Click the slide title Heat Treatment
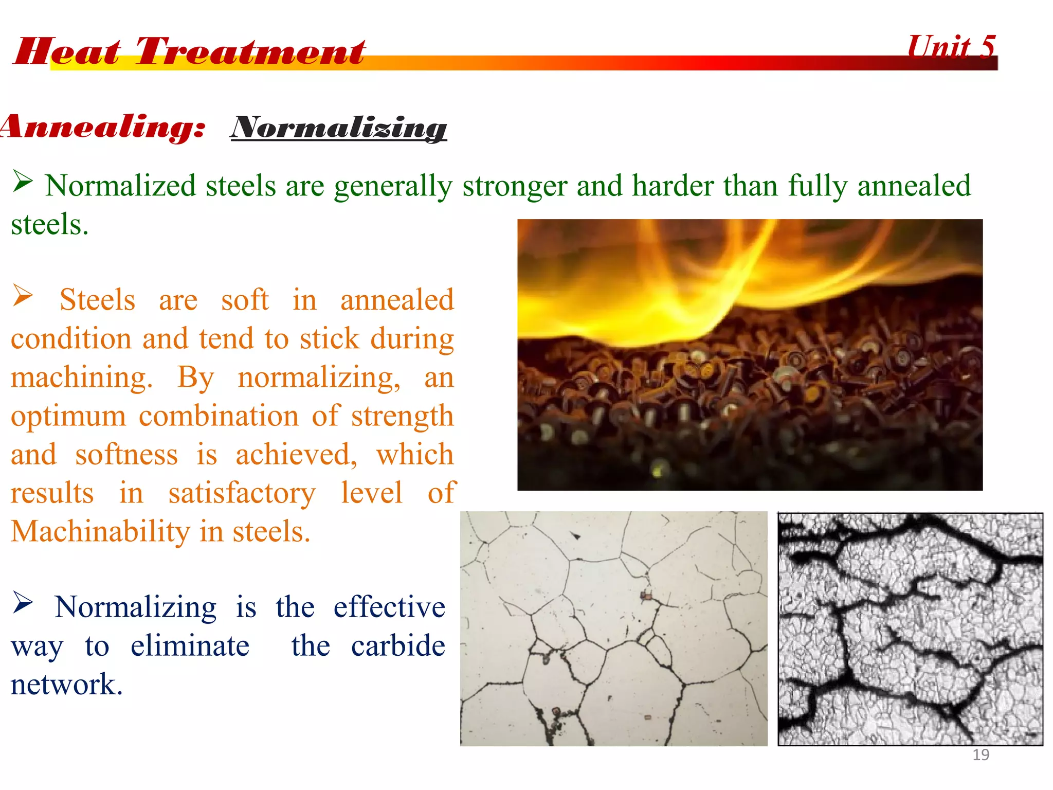(x=189, y=51)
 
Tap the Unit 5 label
(x=951, y=47)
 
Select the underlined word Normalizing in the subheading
(x=339, y=127)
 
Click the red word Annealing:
(x=103, y=127)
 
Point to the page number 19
(x=981, y=755)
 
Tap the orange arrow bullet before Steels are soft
(x=23, y=296)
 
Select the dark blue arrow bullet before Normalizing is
(x=23, y=603)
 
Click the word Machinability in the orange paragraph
(x=101, y=531)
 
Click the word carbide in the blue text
(x=398, y=645)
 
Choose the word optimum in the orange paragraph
(x=68, y=416)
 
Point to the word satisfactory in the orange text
(x=242, y=493)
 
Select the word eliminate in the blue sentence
(x=190, y=645)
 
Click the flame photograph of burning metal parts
(x=750, y=355)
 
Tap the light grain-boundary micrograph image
(x=613, y=629)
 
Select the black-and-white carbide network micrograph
(x=910, y=629)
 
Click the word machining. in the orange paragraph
(x=82, y=377)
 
